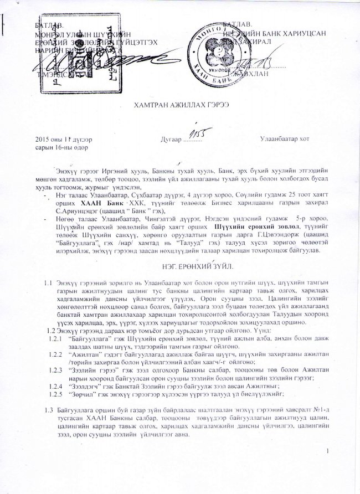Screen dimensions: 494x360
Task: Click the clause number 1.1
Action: point(48,284)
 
